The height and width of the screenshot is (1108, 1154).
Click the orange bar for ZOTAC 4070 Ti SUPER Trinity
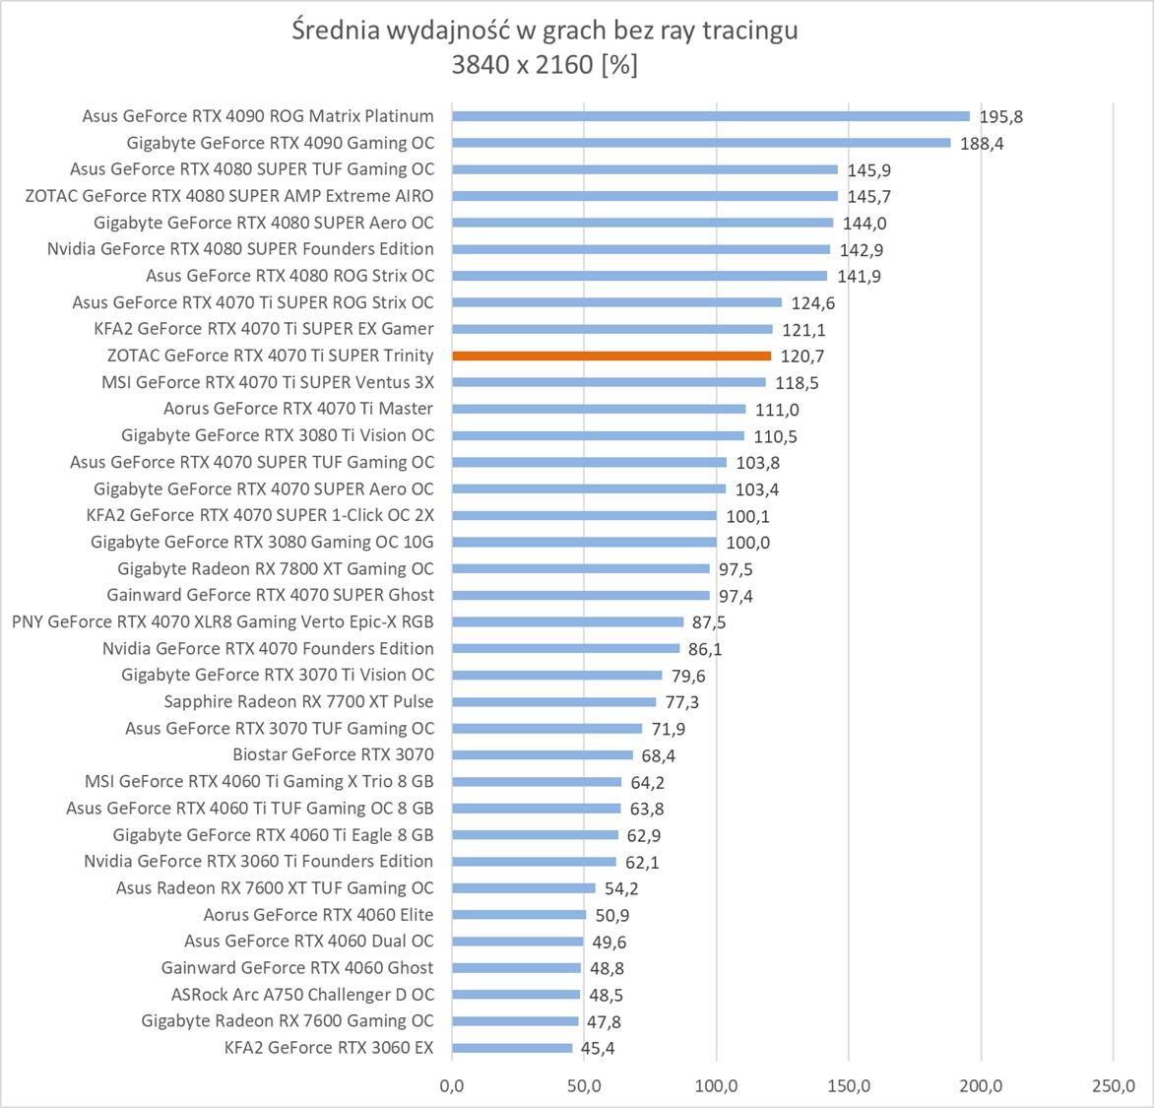pyautogui.click(x=610, y=356)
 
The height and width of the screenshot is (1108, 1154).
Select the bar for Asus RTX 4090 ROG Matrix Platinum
pyautogui.click(x=709, y=116)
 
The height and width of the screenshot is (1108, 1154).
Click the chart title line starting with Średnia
pyautogui.click(x=545, y=31)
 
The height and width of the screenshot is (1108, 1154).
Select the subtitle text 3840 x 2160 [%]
pyautogui.click(x=545, y=65)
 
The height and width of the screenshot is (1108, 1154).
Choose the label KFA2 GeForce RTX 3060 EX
pyautogui.click(x=329, y=1047)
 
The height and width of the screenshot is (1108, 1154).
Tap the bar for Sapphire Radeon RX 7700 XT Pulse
pyautogui.click(x=553, y=701)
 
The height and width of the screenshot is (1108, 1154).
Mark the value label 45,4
pyautogui.click(x=598, y=1048)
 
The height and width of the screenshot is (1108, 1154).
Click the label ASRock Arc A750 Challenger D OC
pyautogui.click(x=302, y=994)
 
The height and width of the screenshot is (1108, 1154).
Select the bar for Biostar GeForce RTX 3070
pyautogui.click(x=542, y=754)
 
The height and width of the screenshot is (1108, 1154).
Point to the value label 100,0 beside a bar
pyautogui.click(x=747, y=543)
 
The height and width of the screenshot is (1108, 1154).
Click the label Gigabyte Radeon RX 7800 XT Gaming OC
pyautogui.click(x=276, y=568)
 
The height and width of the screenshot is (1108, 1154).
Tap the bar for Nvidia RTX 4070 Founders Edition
pyautogui.click(x=565, y=648)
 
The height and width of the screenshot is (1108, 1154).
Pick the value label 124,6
pyautogui.click(x=813, y=303)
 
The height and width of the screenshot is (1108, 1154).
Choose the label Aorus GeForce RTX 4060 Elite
pyautogui.click(x=318, y=914)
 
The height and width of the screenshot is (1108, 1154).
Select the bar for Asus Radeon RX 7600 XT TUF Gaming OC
pyautogui.click(x=523, y=887)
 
